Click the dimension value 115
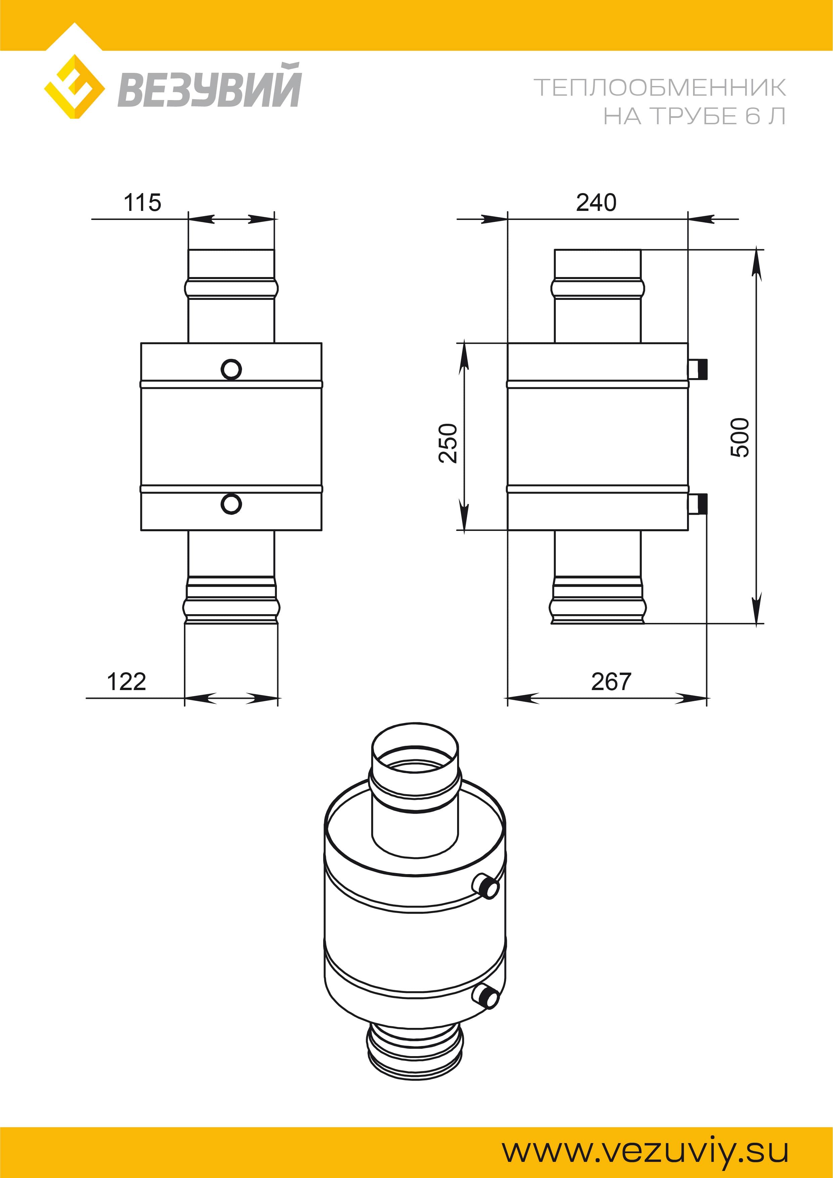point(142,203)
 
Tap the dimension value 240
point(596,203)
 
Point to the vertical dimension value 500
point(740,437)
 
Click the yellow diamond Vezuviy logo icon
point(75,86)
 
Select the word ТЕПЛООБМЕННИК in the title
point(659,88)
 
